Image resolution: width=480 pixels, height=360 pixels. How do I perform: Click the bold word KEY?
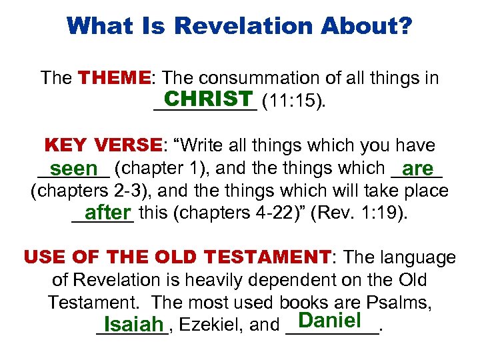click(66, 145)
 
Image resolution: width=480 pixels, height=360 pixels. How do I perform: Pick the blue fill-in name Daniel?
click(330, 320)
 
